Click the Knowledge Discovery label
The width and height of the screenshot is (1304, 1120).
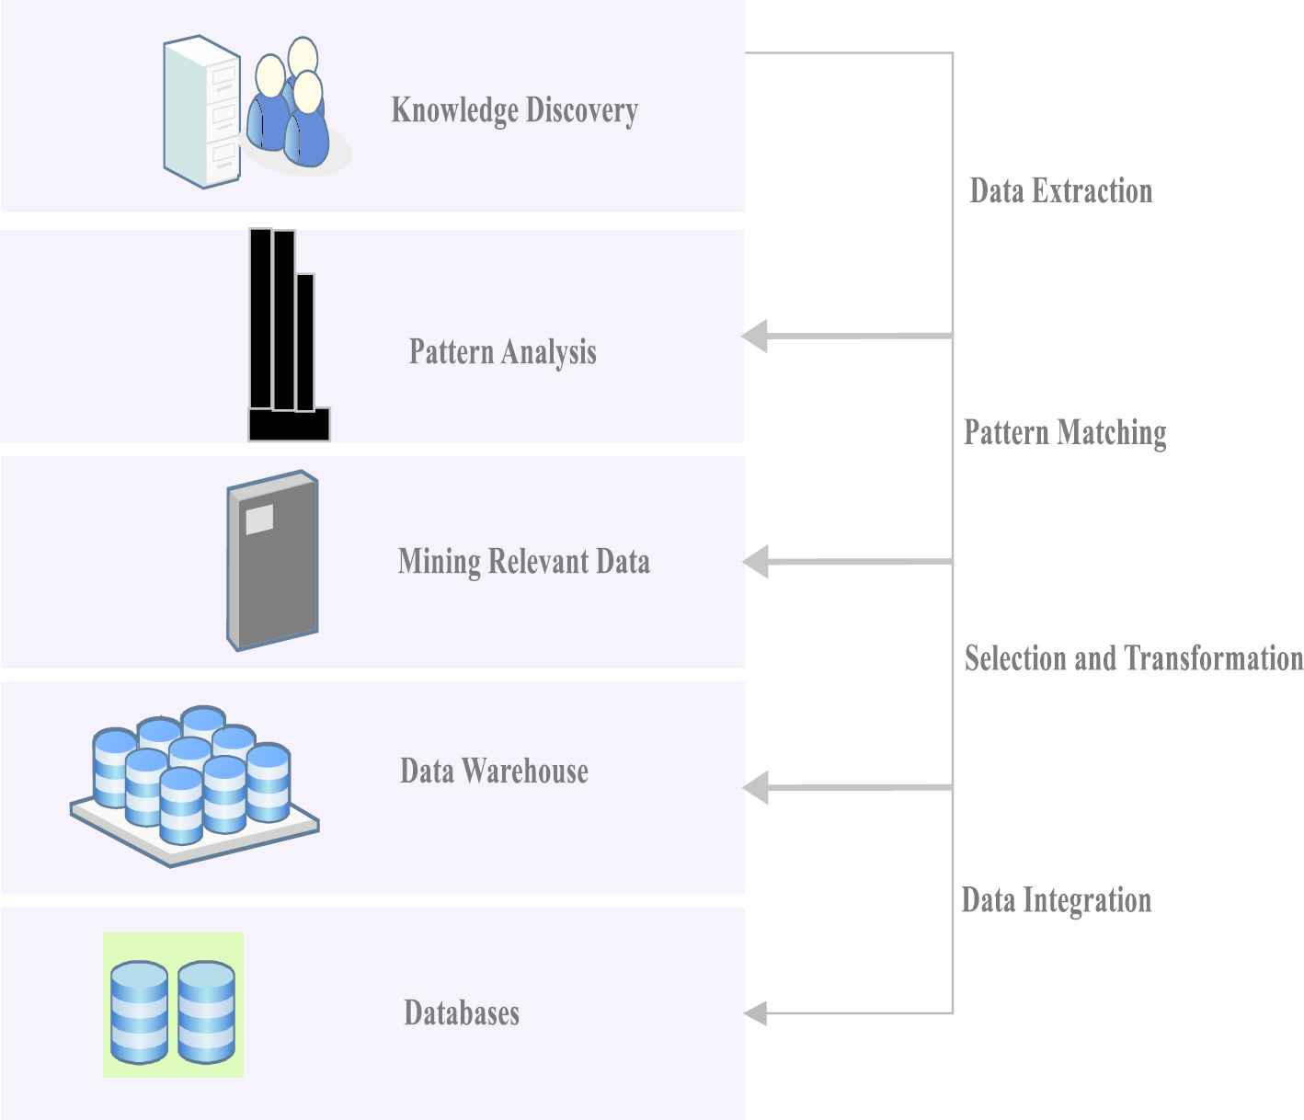[514, 110]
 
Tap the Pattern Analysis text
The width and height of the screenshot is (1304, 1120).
[503, 352]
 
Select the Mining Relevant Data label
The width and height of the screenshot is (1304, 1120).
[523, 562]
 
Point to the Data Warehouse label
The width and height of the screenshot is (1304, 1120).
[494, 771]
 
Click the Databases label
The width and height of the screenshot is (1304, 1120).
[462, 1012]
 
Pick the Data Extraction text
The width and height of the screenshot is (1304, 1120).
[1061, 190]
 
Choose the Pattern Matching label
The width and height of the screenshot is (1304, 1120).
[1065, 433]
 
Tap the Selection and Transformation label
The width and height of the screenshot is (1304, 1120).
[1134, 658]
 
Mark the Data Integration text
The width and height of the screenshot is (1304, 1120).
[1057, 900]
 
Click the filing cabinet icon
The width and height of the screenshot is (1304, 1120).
[202, 111]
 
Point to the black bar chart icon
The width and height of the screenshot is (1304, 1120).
[289, 335]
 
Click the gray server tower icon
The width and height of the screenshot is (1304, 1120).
[272, 560]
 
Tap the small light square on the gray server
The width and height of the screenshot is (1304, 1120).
[259, 520]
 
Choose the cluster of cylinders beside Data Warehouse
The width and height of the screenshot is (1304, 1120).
[194, 785]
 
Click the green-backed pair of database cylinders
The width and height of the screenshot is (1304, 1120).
[174, 1004]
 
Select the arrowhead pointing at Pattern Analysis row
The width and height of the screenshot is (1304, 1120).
[754, 336]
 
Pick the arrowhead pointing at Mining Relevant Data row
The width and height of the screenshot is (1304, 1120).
[755, 562]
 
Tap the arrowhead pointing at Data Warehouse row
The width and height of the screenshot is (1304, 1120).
[755, 787]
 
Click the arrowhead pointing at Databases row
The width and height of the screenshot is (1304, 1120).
[755, 1013]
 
